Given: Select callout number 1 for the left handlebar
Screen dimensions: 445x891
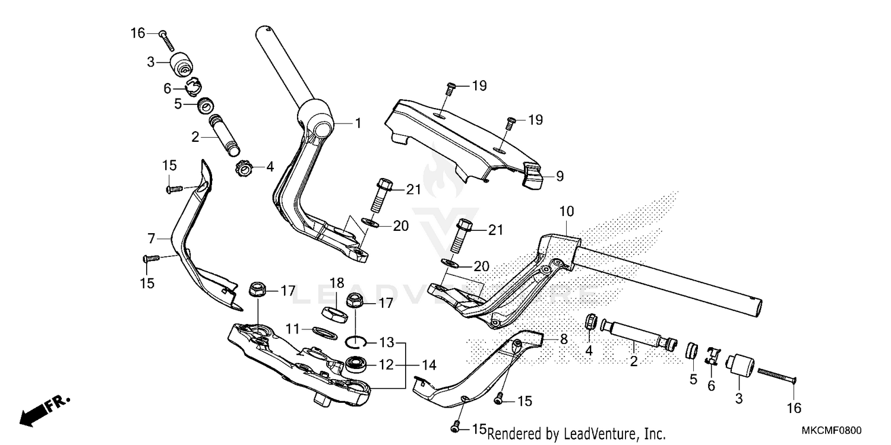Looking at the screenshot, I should coord(358,123).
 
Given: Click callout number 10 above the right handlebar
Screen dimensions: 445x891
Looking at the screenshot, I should coord(566,211).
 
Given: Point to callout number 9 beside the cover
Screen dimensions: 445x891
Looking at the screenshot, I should coord(560,176).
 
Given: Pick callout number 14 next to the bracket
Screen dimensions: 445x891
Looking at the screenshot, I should coord(429,364).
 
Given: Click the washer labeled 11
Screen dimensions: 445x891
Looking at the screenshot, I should coord(324,330).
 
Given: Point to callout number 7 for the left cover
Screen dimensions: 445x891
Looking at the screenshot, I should coord(151,239).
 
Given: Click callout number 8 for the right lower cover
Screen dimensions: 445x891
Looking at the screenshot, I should coord(564,339).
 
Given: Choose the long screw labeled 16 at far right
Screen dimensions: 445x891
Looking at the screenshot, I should coord(776,375).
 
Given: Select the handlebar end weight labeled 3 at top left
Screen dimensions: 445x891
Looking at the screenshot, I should coord(179,62).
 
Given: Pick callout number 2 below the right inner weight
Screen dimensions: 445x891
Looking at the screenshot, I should coord(633,361).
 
